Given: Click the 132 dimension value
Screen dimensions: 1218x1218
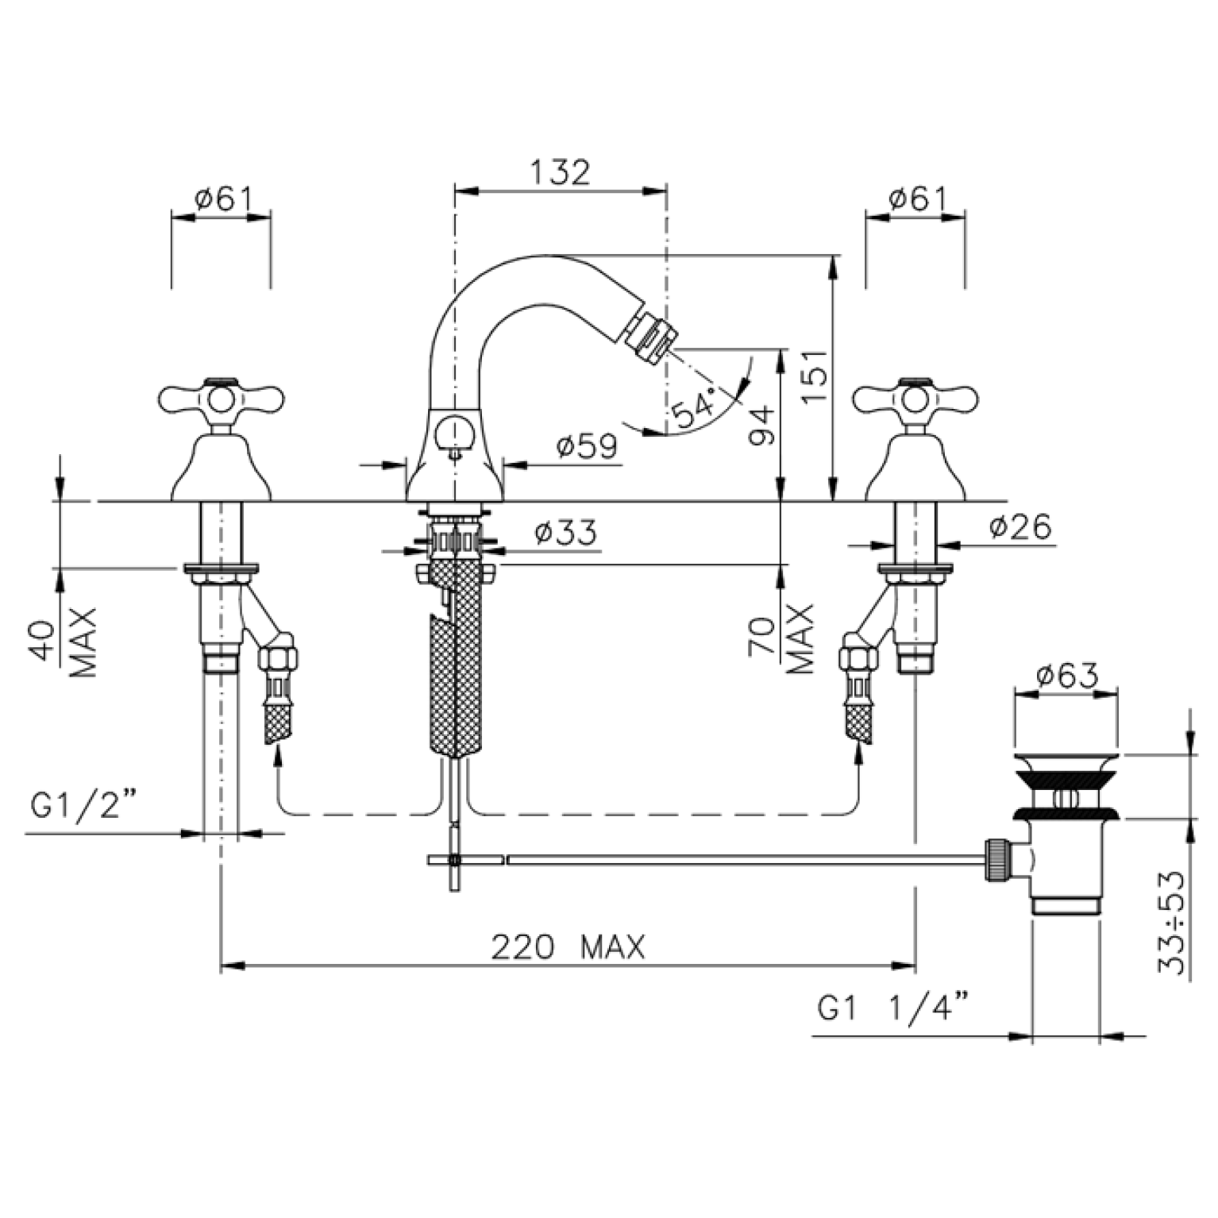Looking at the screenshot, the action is point(560,172).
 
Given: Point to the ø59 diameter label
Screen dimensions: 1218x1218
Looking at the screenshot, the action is point(587,447).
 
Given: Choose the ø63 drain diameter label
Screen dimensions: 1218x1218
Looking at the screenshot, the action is point(1067,676).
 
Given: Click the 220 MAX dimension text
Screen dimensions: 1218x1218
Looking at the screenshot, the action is point(569,947).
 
